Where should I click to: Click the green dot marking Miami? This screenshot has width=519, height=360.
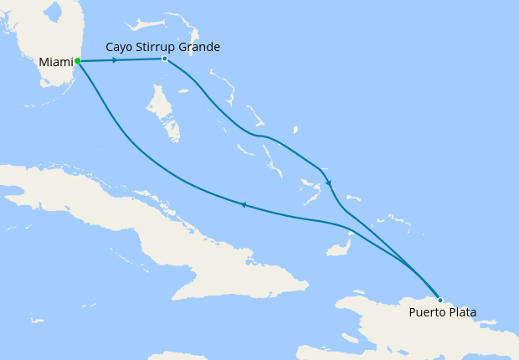77,61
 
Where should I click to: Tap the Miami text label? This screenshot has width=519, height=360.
55,62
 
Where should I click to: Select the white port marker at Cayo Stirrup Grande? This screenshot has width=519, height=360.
165,59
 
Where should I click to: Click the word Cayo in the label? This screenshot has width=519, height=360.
121,47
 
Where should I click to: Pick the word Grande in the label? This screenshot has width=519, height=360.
201,47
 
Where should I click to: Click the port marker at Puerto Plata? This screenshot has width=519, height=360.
440,300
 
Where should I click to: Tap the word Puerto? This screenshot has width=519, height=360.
427,313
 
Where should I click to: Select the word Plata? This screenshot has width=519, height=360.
462,313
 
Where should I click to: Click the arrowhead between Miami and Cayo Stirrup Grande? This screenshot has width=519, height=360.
114,60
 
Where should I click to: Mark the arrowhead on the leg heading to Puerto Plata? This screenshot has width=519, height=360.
329,183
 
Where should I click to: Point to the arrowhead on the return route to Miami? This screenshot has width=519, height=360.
243,204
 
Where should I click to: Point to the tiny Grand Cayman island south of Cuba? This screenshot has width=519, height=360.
36,320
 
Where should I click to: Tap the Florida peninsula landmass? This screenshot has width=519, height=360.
42,42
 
